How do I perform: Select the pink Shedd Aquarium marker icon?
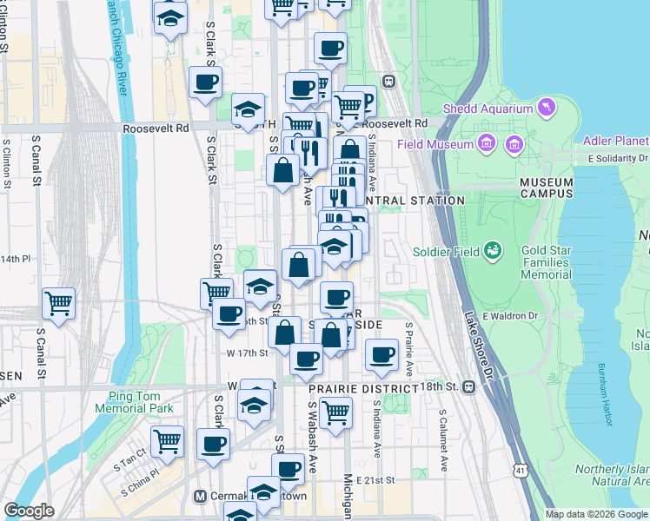(x=546, y=107)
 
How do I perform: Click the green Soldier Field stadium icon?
(x=494, y=251)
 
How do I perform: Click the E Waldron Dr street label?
(x=505, y=315)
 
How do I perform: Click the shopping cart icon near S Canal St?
(x=58, y=304)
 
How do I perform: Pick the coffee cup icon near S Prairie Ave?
(x=381, y=353)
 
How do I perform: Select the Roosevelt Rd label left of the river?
(x=156, y=128)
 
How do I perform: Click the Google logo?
(x=29, y=511)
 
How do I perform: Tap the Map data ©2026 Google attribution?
(x=596, y=514)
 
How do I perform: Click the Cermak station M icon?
(x=200, y=497)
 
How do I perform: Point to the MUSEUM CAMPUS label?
(x=547, y=188)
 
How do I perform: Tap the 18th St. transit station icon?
(x=468, y=386)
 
